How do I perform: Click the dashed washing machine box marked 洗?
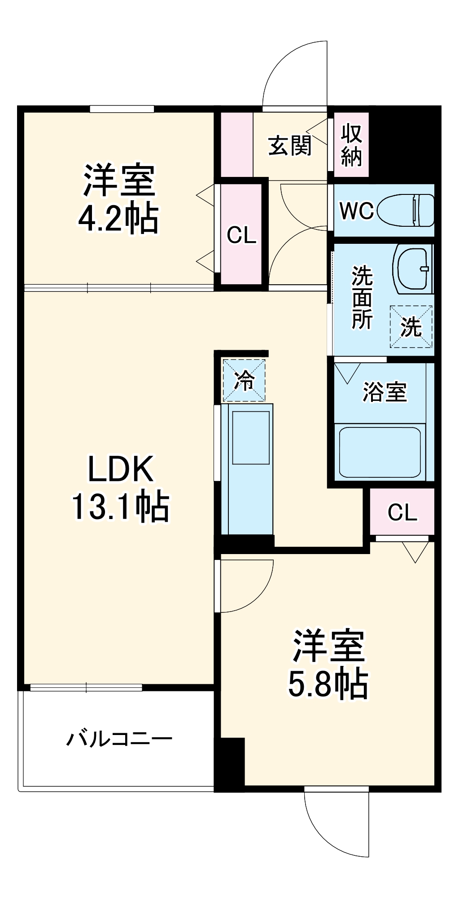[411, 326]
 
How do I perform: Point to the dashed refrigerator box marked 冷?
[245, 380]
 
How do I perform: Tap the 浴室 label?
[385, 392]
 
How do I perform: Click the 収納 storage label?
[351, 145]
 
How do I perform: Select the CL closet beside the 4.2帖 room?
[241, 234]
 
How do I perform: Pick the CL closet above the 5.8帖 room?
[402, 512]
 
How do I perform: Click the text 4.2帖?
[118, 219]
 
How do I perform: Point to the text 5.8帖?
[328, 684]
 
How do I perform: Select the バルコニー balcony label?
[119, 739]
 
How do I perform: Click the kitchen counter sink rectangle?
[251, 437]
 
